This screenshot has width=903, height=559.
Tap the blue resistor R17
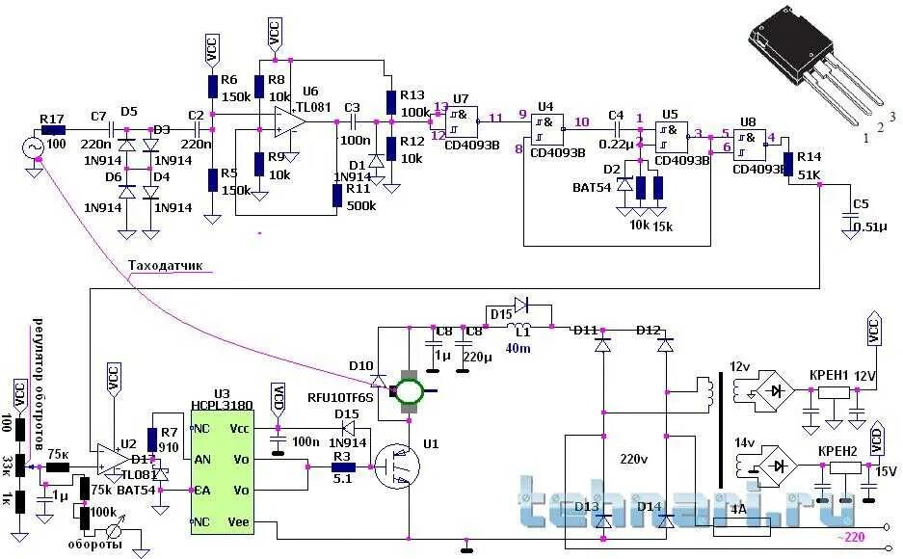point(52,128)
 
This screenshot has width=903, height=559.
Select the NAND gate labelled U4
point(547,127)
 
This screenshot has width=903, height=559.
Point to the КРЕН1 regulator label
point(828,375)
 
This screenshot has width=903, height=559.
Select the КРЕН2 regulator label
point(838,451)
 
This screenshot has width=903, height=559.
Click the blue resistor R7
point(151,438)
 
